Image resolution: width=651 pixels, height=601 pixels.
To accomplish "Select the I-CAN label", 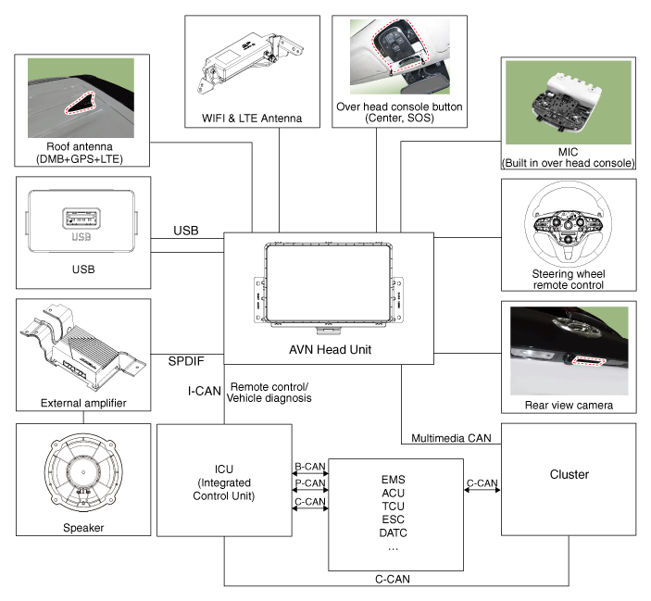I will click(204, 391).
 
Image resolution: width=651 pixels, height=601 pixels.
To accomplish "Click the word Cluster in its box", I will click(569, 474).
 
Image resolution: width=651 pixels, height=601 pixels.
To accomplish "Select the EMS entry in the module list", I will click(394, 480).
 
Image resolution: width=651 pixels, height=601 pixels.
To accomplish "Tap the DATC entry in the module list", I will click(394, 532).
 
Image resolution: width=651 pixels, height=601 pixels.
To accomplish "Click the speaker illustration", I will click(83, 474).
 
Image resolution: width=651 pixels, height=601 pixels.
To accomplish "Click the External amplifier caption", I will click(83, 403).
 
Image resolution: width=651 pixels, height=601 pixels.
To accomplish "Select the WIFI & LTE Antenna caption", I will click(252, 119).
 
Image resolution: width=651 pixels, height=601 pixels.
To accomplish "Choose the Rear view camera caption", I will click(569, 406).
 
